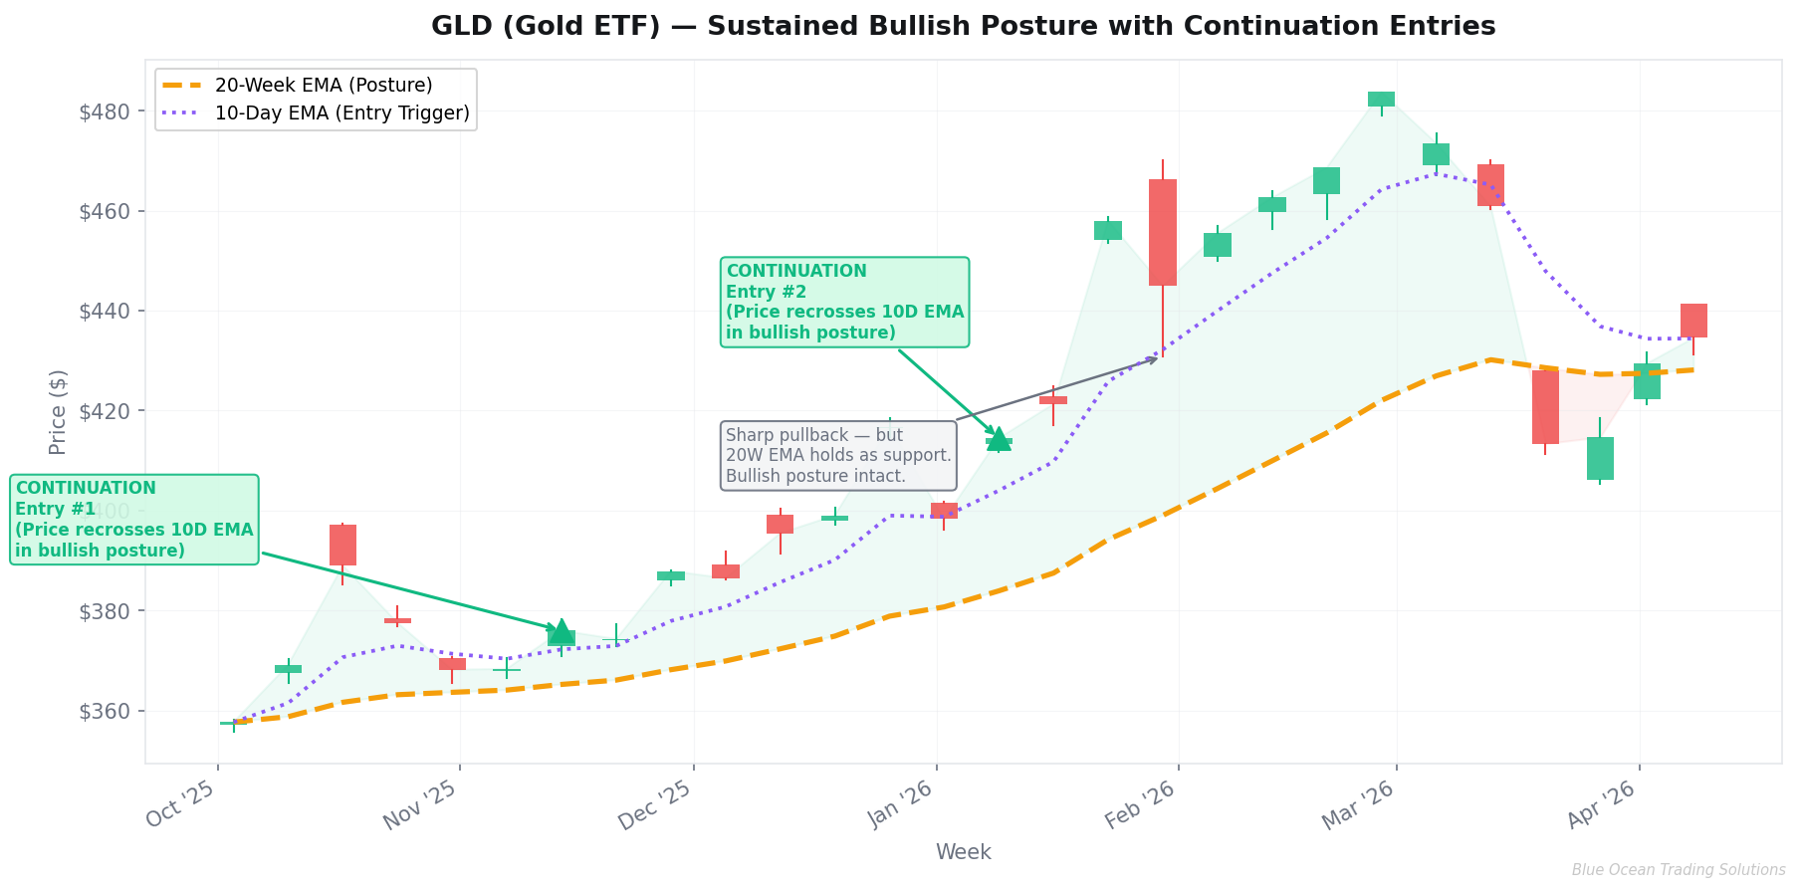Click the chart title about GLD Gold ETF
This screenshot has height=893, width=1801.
pyautogui.click(x=963, y=27)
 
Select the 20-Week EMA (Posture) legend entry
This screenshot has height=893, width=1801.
pyautogui.click(x=323, y=86)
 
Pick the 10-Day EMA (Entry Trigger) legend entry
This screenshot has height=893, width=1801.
pyautogui.click(x=341, y=113)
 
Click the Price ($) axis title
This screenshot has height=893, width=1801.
pyautogui.click(x=58, y=411)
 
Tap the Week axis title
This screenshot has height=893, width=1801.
pyautogui.click(x=963, y=852)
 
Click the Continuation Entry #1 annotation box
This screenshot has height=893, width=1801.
pyautogui.click(x=134, y=520)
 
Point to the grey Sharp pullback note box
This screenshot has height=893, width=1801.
pyautogui.click(x=838, y=456)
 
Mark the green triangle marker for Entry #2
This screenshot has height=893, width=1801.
pyautogui.click(x=999, y=439)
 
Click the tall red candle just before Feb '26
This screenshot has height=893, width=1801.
pyautogui.click(x=1162, y=233)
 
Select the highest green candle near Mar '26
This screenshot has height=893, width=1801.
pyautogui.click(x=1381, y=99)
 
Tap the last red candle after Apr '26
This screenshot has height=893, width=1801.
pyautogui.click(x=1693, y=321)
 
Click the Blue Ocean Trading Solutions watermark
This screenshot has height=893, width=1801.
pyautogui.click(x=1678, y=870)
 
